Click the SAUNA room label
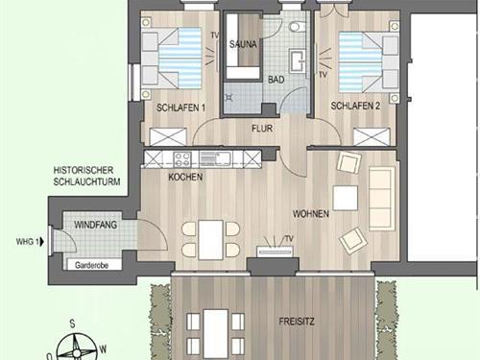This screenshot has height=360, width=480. [x=243, y=44]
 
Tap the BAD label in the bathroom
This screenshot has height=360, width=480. [x=276, y=80]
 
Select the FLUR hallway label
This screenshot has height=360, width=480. [x=262, y=129]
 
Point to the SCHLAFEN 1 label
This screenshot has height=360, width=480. [x=180, y=108]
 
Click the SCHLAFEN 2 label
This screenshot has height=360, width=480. [x=355, y=106]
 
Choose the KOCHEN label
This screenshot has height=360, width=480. [x=185, y=177]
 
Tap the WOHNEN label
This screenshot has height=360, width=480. [x=311, y=214]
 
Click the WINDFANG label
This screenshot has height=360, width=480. [x=95, y=225]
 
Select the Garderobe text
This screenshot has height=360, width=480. [x=91, y=265]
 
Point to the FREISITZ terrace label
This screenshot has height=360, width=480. [x=297, y=322]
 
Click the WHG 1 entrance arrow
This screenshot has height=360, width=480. [x=41, y=242]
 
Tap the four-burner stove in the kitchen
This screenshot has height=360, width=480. [x=182, y=159]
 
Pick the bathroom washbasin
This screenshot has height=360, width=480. [x=299, y=60]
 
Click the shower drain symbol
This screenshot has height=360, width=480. [x=229, y=97]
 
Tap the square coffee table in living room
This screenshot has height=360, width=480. [x=346, y=198]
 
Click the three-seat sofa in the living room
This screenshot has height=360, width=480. [x=382, y=199]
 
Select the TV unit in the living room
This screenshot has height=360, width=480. [x=275, y=252]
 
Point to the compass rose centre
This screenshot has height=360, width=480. [x=77, y=352]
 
